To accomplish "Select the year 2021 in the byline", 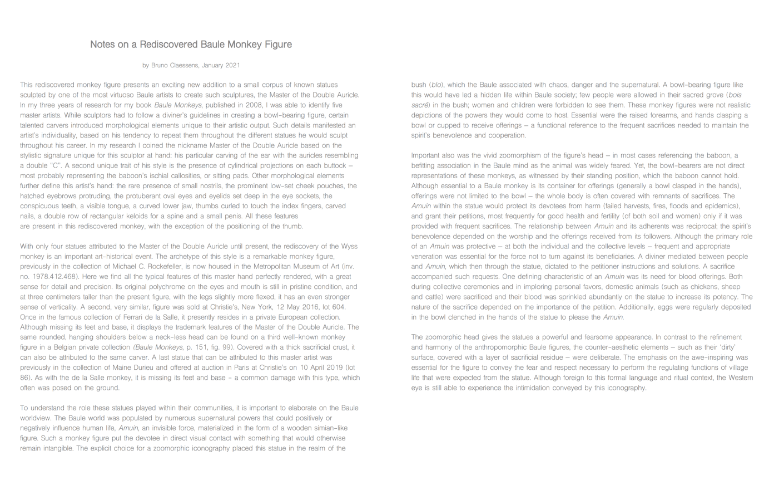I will coord(233,65).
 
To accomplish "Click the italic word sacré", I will coord(420,105).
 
